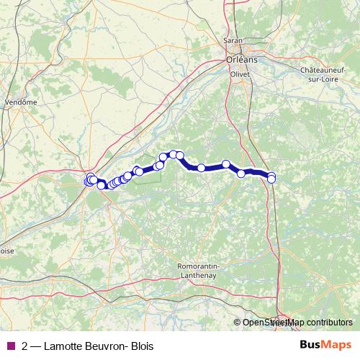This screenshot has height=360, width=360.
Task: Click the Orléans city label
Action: [x=238, y=60]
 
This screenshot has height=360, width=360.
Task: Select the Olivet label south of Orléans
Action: [x=238, y=74]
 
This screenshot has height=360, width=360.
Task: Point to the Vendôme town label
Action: [x=21, y=102]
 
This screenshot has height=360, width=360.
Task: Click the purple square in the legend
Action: [x=10, y=345]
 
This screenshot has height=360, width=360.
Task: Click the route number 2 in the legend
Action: [x=25, y=346]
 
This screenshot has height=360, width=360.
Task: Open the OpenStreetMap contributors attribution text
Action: [x=297, y=323]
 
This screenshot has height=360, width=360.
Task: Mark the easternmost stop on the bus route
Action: [x=271, y=177]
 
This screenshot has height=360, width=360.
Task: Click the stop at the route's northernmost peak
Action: [x=174, y=154]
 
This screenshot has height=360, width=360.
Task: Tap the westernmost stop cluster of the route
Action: [x=89, y=181]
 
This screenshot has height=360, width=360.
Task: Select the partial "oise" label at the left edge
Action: [x=6, y=251]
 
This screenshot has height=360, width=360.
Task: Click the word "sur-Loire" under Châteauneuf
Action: [x=328, y=78]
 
